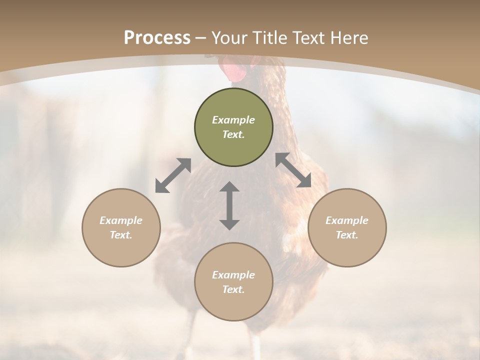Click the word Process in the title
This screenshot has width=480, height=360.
(157, 38)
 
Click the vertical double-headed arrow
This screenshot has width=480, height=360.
(229, 205)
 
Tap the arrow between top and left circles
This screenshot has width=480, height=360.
(173, 175)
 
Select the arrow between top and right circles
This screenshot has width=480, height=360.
(293, 170)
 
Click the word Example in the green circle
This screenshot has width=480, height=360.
(233, 120)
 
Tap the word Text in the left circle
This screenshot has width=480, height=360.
(121, 235)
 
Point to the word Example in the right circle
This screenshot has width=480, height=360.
(347, 220)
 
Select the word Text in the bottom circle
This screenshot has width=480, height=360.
(233, 289)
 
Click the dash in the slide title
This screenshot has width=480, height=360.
(201, 38)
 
